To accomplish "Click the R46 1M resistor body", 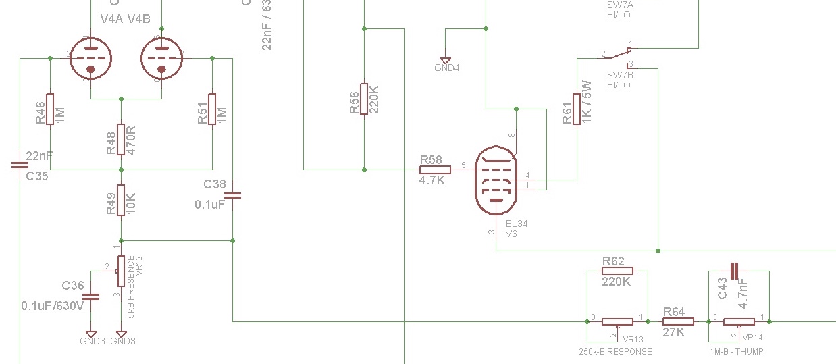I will pos(50,109).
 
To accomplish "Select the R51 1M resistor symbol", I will pos(212,109).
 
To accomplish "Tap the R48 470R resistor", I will pos(121,140).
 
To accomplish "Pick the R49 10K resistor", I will pos(121,200).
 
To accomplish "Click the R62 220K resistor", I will pos(617,271).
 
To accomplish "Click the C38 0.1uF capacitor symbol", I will pos(232,196).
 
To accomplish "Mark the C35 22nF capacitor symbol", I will pos(20,165).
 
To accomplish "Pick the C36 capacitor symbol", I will pos(91,296).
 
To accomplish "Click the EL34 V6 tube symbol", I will pos(496,180).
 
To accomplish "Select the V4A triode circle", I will pos(90,59).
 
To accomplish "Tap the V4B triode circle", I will pos(161,59).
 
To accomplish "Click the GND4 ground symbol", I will pos(446,61).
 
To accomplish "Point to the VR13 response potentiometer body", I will pos(617,321).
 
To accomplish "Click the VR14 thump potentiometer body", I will pos(739,321).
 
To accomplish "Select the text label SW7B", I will pos(619,76).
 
